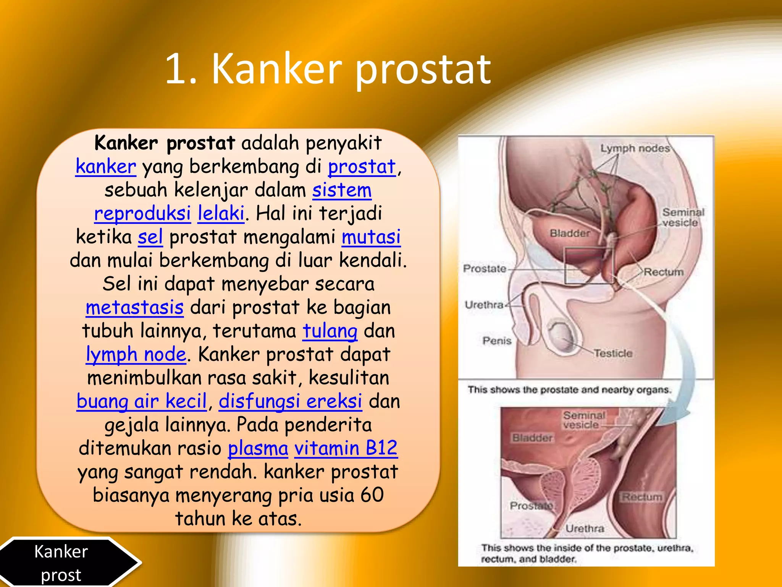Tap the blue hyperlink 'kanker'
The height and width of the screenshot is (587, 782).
pos(106,167)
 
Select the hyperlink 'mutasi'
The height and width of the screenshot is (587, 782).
pos(371,237)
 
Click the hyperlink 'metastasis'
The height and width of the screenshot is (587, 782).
pos(134,308)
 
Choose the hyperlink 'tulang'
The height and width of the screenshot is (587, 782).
pos(330,331)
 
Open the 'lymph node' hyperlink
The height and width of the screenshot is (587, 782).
pos(136,354)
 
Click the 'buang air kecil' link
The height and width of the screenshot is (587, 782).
pos(142,401)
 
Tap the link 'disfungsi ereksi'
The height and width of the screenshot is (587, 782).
pos(290,401)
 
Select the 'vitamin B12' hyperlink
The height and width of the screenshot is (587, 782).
pos(346,448)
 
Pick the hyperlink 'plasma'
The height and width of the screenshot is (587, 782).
pos(258,448)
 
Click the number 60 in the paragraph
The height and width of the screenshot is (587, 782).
pos(372,495)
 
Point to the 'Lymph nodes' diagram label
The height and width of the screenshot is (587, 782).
pos(635,148)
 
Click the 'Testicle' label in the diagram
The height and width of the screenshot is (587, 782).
pos(613,353)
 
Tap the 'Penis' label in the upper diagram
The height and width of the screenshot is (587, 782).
pos(496,341)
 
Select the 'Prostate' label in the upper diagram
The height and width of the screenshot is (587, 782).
pos(484,269)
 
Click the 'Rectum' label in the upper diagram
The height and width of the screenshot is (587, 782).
pos(664,272)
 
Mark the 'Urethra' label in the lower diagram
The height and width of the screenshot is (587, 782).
pos(585,529)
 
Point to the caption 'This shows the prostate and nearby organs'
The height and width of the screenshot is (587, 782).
pos(569,390)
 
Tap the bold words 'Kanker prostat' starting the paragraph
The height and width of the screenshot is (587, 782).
pos(164,143)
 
